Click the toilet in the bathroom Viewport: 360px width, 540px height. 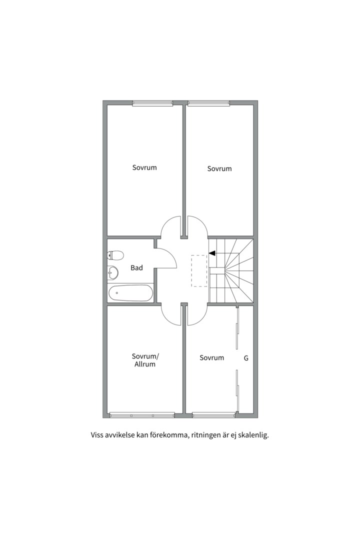(115, 255)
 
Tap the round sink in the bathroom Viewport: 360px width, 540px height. (112, 273)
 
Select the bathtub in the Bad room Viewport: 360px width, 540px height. (130, 293)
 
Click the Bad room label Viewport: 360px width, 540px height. (137, 267)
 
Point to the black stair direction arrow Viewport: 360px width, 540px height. (212, 253)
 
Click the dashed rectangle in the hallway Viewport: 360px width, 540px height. (199, 270)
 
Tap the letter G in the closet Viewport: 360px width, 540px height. (246, 358)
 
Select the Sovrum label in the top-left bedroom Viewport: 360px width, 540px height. (144, 167)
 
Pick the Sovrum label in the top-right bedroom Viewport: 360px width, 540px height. (219, 169)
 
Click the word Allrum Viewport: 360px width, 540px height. (144, 364)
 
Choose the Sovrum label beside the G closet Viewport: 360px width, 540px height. (212, 358)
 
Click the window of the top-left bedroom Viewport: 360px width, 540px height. (152, 102)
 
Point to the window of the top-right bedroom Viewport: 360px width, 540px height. (209, 102)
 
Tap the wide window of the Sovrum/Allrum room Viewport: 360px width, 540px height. (142, 415)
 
